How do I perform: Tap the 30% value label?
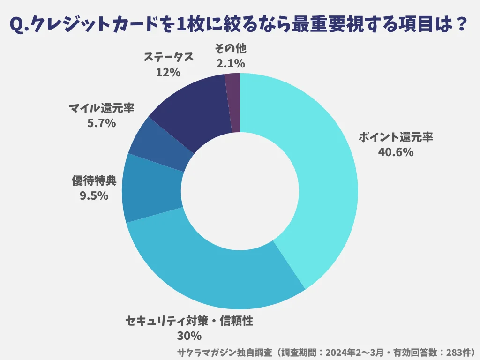(189, 336)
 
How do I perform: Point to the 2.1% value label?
(230, 63)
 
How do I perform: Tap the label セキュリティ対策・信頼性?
(189, 322)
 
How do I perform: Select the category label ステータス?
(168, 58)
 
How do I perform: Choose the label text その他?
(230, 49)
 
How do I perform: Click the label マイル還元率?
(101, 109)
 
